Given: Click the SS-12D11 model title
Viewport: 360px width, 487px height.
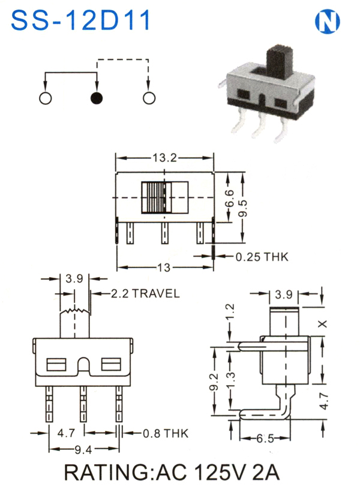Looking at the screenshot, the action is coord(81,20).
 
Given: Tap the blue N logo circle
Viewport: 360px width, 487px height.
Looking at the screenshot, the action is coord(328,22).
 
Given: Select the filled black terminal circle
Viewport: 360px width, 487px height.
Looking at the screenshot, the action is coord(97,98).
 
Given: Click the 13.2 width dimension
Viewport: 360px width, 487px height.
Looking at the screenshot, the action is coord(164,158).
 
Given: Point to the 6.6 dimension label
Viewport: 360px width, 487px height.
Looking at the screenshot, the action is coord(229,199).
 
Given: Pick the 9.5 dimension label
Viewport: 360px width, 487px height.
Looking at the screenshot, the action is coord(242,208).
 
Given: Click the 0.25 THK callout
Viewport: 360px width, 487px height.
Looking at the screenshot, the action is coord(262,257).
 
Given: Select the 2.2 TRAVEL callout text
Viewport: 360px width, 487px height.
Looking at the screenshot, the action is coord(145,293).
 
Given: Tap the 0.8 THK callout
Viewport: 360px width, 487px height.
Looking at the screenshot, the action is coord(166,433).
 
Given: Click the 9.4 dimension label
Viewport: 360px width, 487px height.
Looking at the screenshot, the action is coord(83,449).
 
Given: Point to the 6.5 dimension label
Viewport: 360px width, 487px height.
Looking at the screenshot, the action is coord(265,438).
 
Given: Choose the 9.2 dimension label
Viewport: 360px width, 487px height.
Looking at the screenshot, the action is coord(215,381).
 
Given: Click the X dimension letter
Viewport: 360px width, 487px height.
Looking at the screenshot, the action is coord(323,324).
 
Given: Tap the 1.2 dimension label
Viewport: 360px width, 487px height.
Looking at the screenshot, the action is coord(230,312).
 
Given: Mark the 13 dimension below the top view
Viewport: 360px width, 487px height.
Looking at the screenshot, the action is coord(164,267).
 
